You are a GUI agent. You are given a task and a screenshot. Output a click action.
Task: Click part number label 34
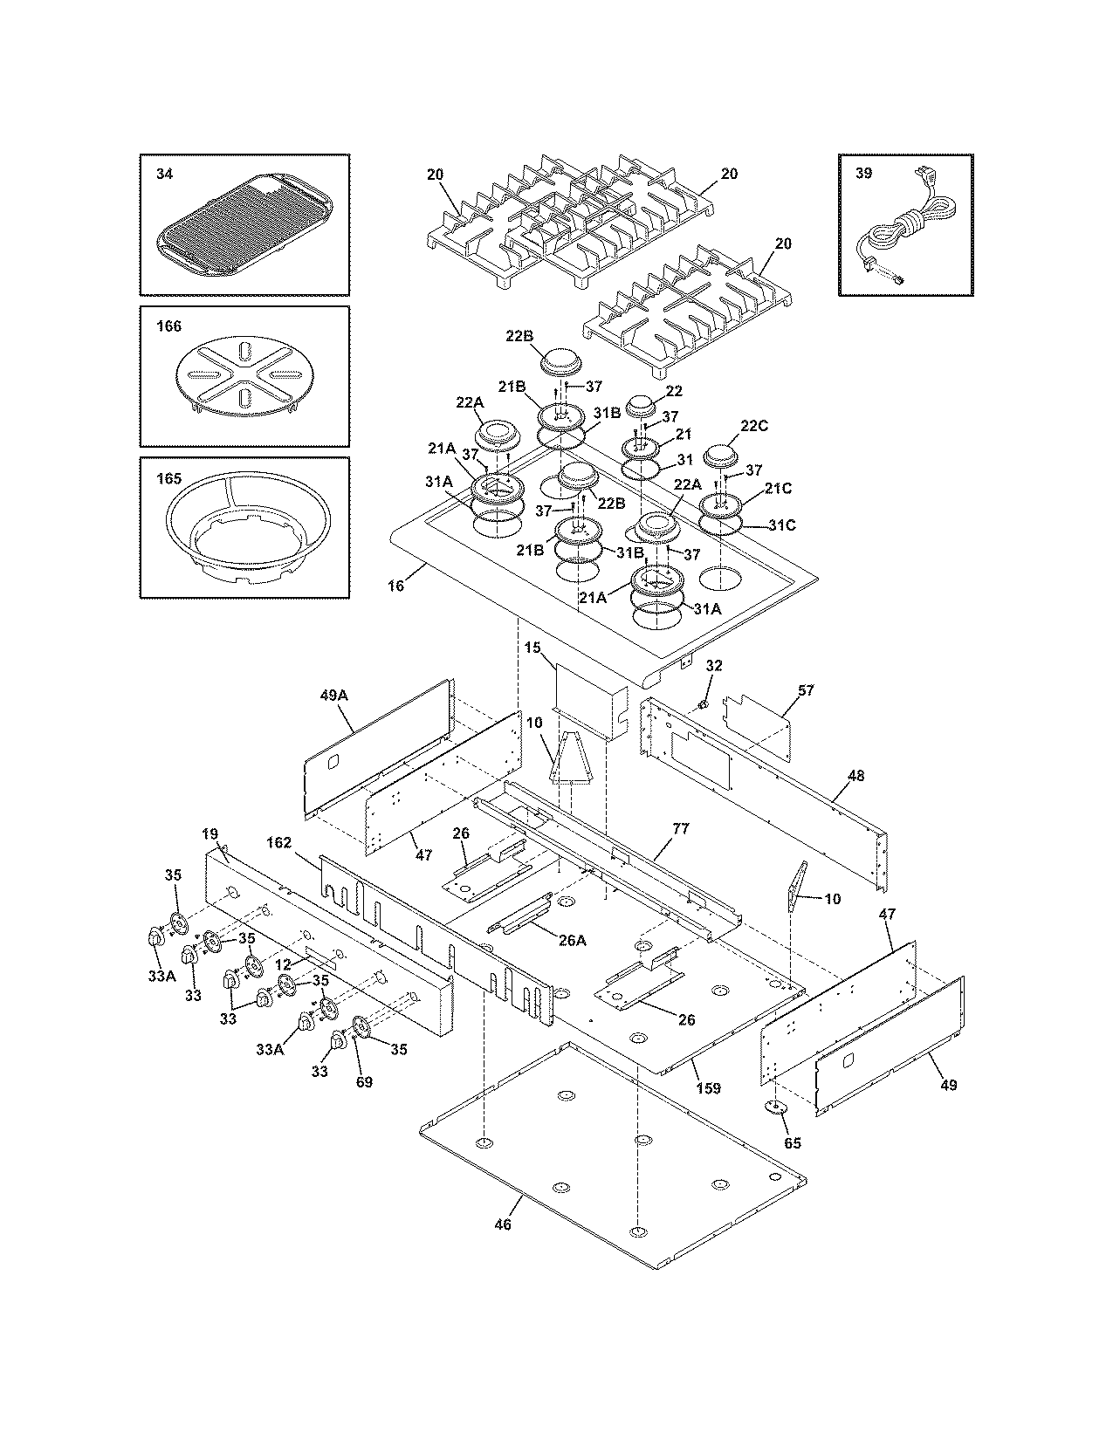pyautogui.click(x=164, y=174)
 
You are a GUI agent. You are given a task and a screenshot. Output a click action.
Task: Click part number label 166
pyautogui.click(x=168, y=326)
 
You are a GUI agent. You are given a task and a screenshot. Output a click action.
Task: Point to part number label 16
pyautogui.click(x=396, y=586)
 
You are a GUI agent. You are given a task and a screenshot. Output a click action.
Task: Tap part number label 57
pyautogui.click(x=805, y=690)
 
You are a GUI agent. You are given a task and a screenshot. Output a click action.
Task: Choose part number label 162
pyautogui.click(x=279, y=843)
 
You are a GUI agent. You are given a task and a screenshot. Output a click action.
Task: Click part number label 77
pyautogui.click(x=680, y=829)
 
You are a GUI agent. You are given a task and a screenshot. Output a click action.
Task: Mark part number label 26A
pyautogui.click(x=572, y=941)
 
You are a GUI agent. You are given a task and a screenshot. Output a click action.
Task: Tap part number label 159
pyautogui.click(x=710, y=1088)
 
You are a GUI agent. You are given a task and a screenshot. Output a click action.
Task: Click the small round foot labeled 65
pyautogui.click(x=774, y=1107)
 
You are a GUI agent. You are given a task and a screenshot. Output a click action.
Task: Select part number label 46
pyautogui.click(x=502, y=1224)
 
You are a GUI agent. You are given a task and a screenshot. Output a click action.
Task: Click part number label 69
pyautogui.click(x=364, y=1082)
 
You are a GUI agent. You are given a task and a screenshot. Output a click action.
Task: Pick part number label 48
pyautogui.click(x=855, y=775)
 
